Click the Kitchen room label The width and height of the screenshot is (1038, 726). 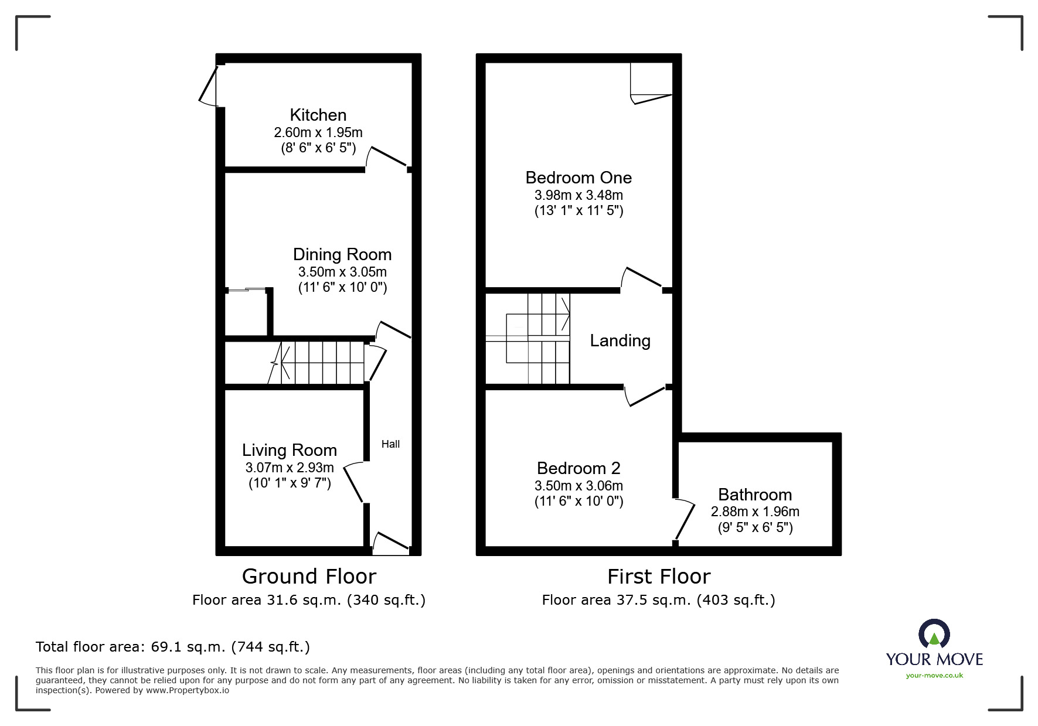[x=318, y=115]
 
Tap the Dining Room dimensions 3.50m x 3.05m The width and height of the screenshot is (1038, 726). [x=342, y=272]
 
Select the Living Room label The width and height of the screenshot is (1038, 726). [x=290, y=450]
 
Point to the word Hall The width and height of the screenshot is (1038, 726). [x=390, y=444]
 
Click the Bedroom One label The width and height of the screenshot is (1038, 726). [x=578, y=178]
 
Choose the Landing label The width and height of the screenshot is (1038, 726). [x=620, y=341]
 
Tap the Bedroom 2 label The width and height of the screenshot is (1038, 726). [x=578, y=468]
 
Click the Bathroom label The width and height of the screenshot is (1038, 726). [x=755, y=495]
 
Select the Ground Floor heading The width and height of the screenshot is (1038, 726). [x=309, y=577]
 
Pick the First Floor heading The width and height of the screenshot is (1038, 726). [x=659, y=577]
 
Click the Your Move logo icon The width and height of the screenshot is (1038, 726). [x=934, y=635]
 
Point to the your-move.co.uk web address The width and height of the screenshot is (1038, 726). [x=934, y=676]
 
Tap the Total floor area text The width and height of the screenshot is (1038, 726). [x=173, y=647]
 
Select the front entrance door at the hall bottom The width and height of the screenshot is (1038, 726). [x=390, y=543]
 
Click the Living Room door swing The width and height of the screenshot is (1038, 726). [x=353, y=482]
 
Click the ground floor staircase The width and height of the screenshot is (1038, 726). [x=316, y=363]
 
